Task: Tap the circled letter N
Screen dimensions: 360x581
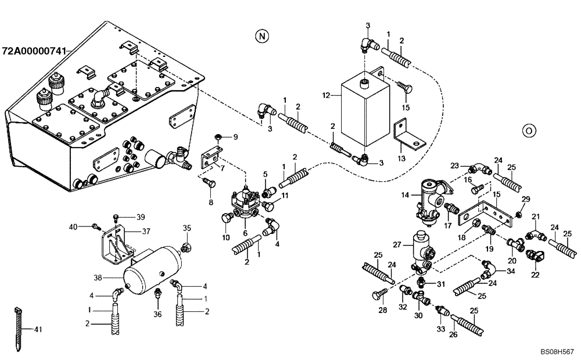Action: click(263, 36)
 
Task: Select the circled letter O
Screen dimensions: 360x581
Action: click(528, 129)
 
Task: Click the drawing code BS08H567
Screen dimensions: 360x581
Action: click(557, 352)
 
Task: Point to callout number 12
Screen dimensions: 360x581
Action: click(326, 95)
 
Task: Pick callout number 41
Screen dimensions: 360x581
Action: click(38, 330)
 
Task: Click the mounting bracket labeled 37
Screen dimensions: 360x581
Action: click(118, 246)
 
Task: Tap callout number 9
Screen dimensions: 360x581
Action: click(235, 138)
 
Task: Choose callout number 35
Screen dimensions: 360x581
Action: click(187, 228)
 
